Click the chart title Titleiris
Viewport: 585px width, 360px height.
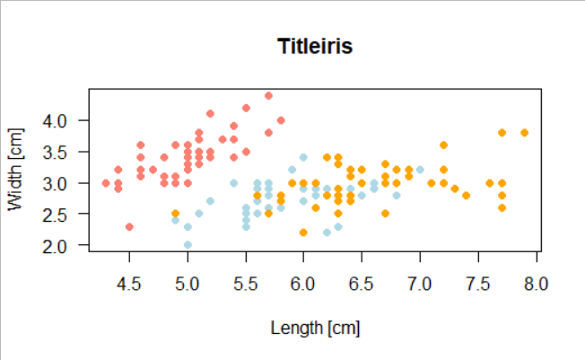314,47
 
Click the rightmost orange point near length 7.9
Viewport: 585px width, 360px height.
524,133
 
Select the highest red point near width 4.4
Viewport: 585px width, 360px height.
268,95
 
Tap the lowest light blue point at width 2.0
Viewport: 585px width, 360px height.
188,244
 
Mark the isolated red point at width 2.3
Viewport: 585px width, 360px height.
129,226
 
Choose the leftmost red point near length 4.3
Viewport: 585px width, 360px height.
106,183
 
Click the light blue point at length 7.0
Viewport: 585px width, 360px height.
420,170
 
